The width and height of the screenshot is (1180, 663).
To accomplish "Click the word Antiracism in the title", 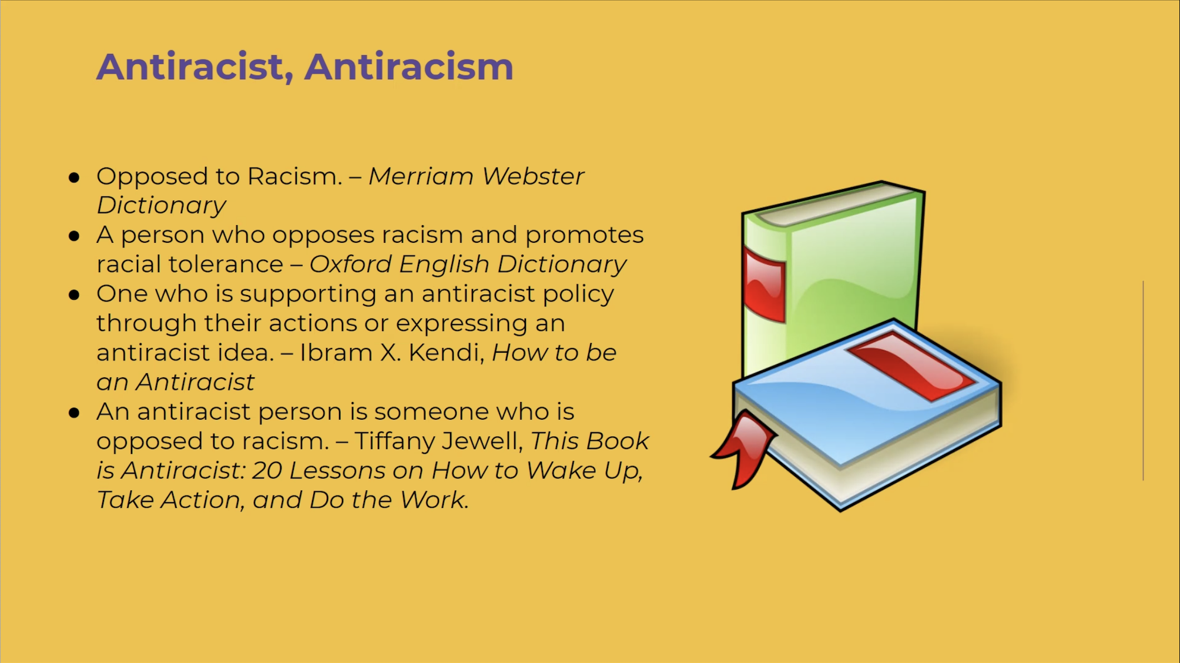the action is tap(409, 66).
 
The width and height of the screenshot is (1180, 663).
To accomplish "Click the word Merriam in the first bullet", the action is tap(421, 176).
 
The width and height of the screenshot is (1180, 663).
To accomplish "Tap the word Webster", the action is tap(533, 176).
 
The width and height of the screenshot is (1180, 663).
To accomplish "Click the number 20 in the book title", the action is tap(267, 471).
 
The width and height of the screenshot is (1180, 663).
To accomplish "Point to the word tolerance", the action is tap(226, 264).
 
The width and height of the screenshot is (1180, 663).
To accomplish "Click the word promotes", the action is tap(584, 235).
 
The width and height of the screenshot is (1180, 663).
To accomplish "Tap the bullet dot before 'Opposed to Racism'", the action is tap(74, 177).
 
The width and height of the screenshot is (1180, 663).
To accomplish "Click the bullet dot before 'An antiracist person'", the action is tap(74, 413).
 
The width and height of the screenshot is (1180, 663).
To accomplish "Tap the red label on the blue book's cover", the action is tap(911, 366).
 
